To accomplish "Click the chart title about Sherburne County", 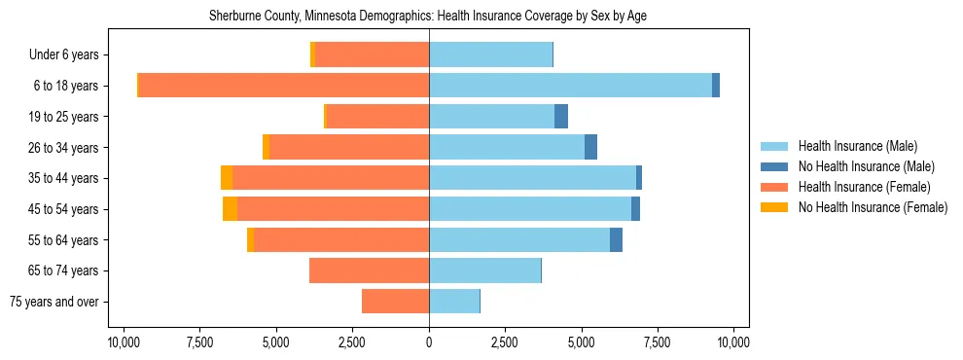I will click(x=428, y=17).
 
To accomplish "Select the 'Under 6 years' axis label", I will click(x=69, y=55).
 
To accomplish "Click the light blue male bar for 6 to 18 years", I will click(x=570, y=86).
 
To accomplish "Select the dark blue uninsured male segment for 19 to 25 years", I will click(x=561, y=117).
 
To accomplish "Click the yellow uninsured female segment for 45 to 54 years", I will click(x=230, y=209).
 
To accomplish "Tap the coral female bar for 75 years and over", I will click(x=395, y=302).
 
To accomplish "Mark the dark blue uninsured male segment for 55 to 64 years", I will click(x=616, y=240).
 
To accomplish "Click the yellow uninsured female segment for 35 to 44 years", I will click(x=227, y=178).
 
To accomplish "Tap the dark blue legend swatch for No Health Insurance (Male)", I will click(x=775, y=166).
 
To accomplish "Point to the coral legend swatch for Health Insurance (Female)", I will click(x=775, y=187).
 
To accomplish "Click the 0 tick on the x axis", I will click(x=429, y=342).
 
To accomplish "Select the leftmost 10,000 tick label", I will click(x=124, y=342).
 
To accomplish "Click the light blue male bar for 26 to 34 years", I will click(x=506, y=148).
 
